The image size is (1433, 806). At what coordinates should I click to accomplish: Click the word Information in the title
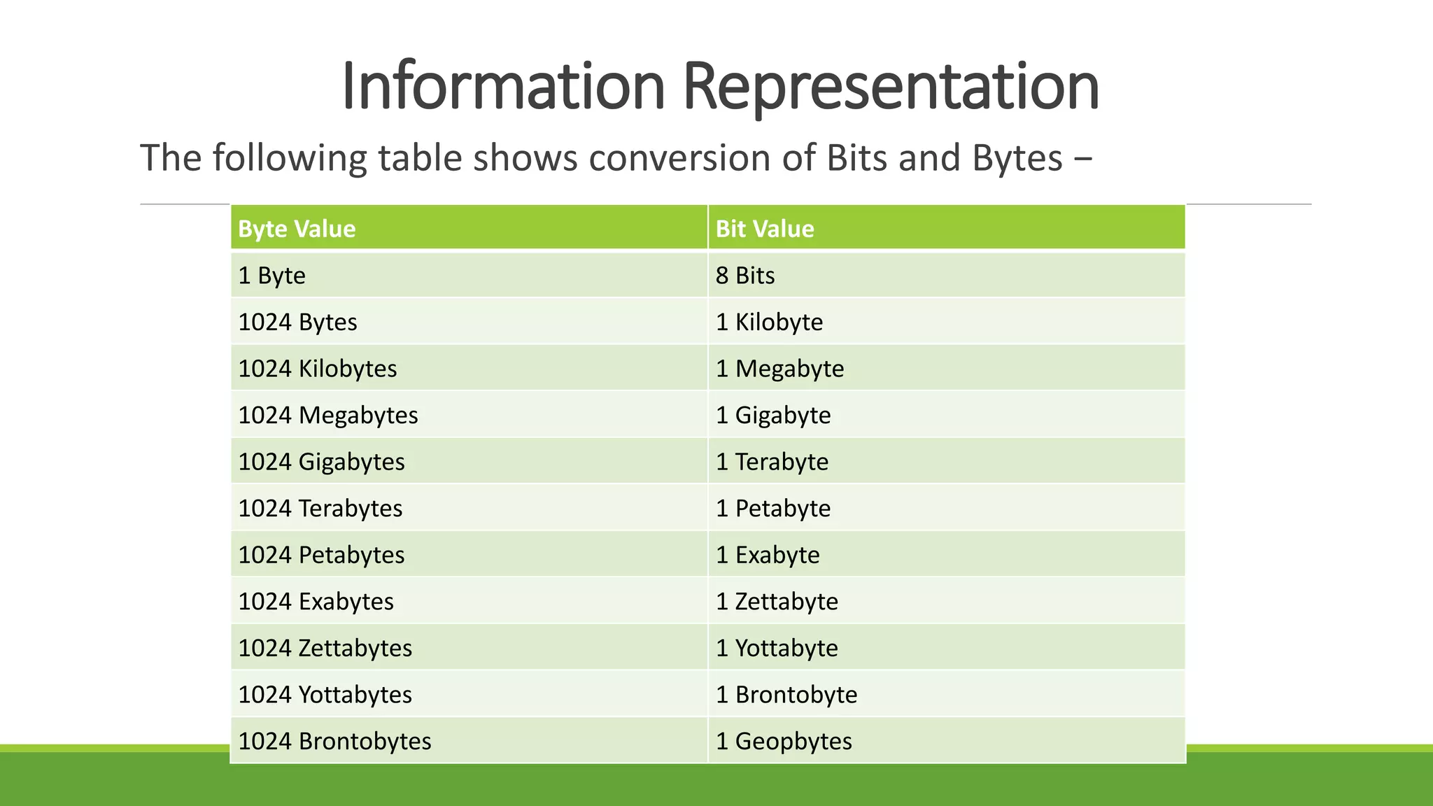click(x=502, y=87)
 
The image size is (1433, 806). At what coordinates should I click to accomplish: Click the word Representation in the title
click(x=890, y=87)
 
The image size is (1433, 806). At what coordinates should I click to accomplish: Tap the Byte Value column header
click(x=297, y=229)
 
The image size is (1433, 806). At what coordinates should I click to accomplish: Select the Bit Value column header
click(x=765, y=229)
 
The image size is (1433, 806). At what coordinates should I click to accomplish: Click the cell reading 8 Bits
click(x=745, y=276)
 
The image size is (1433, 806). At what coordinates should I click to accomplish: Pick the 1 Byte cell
click(x=271, y=276)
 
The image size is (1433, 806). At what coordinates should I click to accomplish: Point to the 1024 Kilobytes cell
click(x=317, y=369)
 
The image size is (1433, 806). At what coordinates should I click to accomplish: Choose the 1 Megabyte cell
click(x=779, y=369)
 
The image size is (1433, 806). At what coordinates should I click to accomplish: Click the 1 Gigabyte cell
click(x=773, y=416)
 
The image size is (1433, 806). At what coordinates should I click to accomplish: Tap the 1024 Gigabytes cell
click(x=321, y=462)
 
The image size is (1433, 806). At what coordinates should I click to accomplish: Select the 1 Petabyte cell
click(x=773, y=509)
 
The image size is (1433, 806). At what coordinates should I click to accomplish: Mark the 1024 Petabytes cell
click(x=321, y=555)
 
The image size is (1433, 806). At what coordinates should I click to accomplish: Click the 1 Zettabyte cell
click(x=777, y=602)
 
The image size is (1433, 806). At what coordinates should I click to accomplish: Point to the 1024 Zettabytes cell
click(x=325, y=648)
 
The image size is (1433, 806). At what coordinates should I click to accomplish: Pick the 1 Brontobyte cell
click(x=786, y=695)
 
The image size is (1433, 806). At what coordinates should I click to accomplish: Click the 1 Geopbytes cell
click(x=784, y=741)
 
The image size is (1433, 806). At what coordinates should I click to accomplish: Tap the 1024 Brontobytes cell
click(x=334, y=741)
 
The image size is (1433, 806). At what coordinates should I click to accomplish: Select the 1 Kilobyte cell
click(x=769, y=323)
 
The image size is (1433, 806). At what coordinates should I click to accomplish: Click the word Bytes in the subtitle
click(x=1017, y=158)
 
